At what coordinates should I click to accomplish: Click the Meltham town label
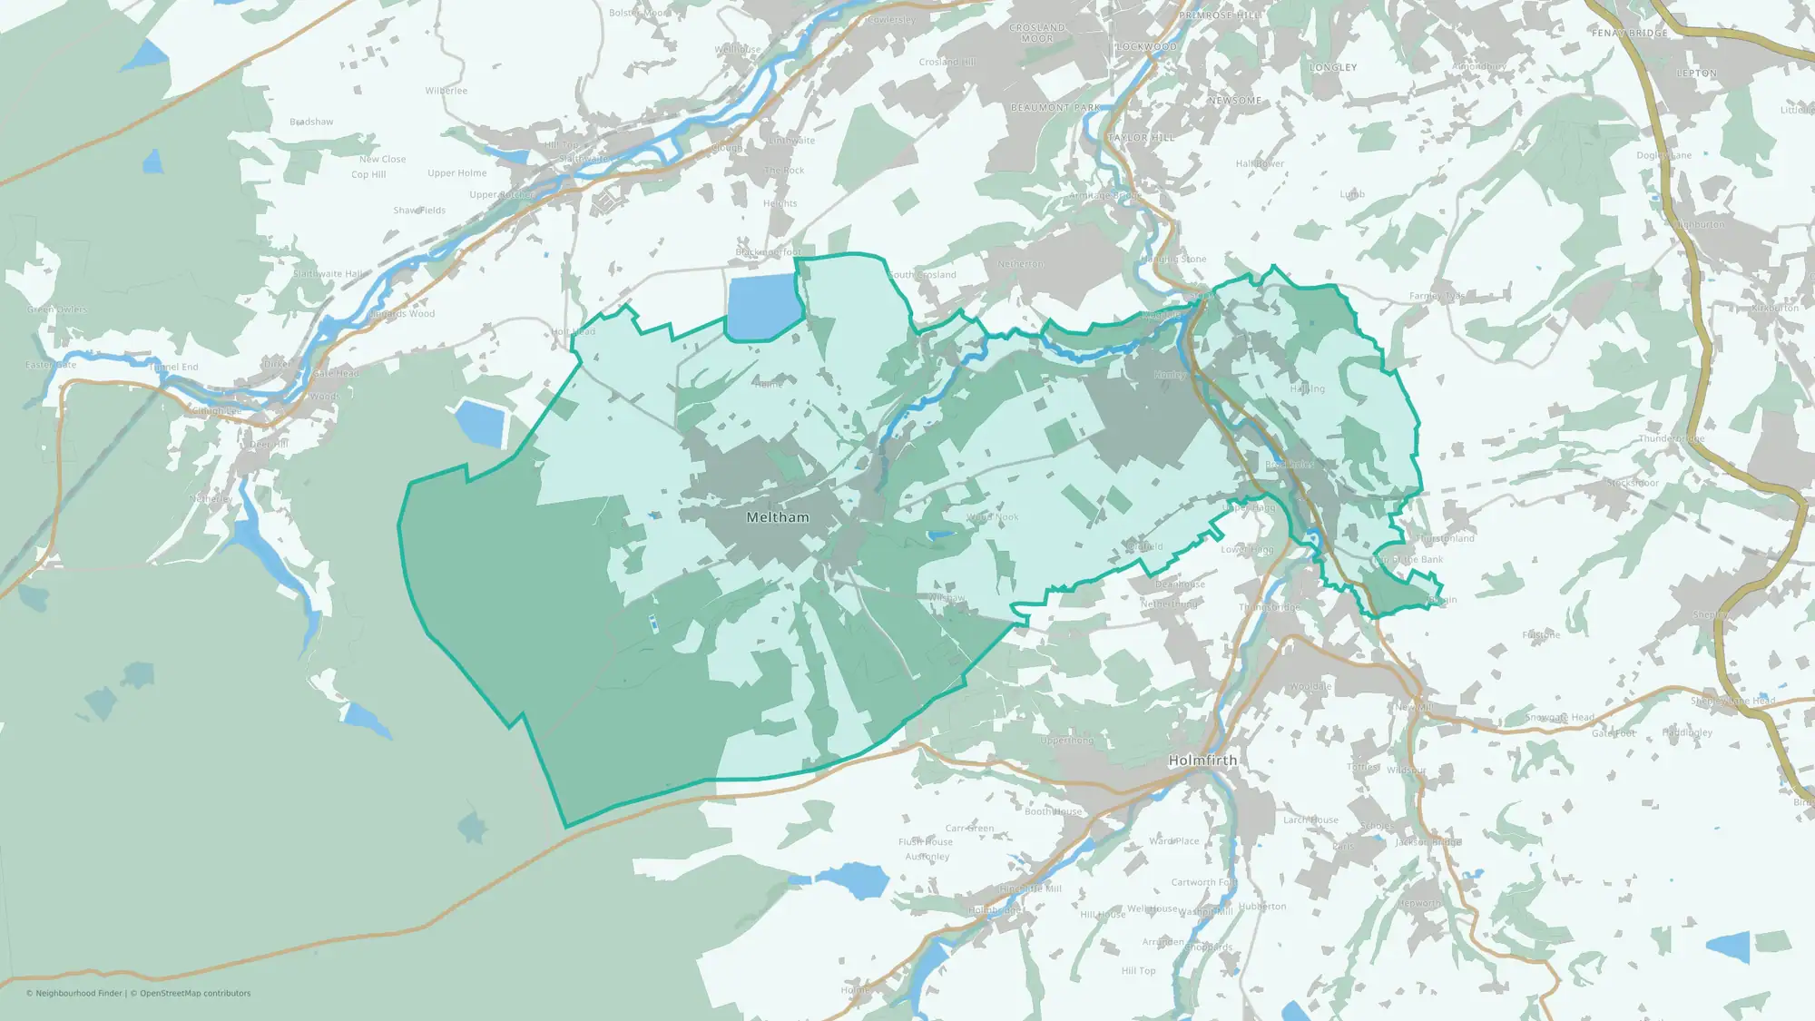point(777,517)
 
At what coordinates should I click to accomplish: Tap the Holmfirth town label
point(1202,761)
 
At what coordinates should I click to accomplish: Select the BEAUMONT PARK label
point(1055,108)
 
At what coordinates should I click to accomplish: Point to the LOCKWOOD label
point(1146,47)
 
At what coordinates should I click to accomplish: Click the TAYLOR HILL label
point(1141,138)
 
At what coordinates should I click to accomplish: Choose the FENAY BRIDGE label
point(1629,34)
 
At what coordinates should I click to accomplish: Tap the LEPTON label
point(1696,74)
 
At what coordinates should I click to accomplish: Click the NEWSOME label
point(1234,101)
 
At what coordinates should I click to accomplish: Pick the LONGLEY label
point(1333,68)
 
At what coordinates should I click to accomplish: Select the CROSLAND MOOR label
point(1037,33)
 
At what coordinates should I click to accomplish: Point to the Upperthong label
point(1067,741)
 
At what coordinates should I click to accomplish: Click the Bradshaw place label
point(311,122)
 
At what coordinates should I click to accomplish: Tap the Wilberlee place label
point(446,91)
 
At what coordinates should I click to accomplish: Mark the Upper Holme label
point(457,173)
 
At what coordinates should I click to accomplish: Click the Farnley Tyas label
point(1437,296)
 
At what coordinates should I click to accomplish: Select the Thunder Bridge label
point(1672,439)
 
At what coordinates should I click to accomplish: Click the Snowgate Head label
point(1559,718)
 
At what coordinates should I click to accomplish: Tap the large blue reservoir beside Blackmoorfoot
point(762,306)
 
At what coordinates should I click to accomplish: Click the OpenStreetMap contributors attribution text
point(195,994)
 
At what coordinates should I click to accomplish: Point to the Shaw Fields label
point(419,211)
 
